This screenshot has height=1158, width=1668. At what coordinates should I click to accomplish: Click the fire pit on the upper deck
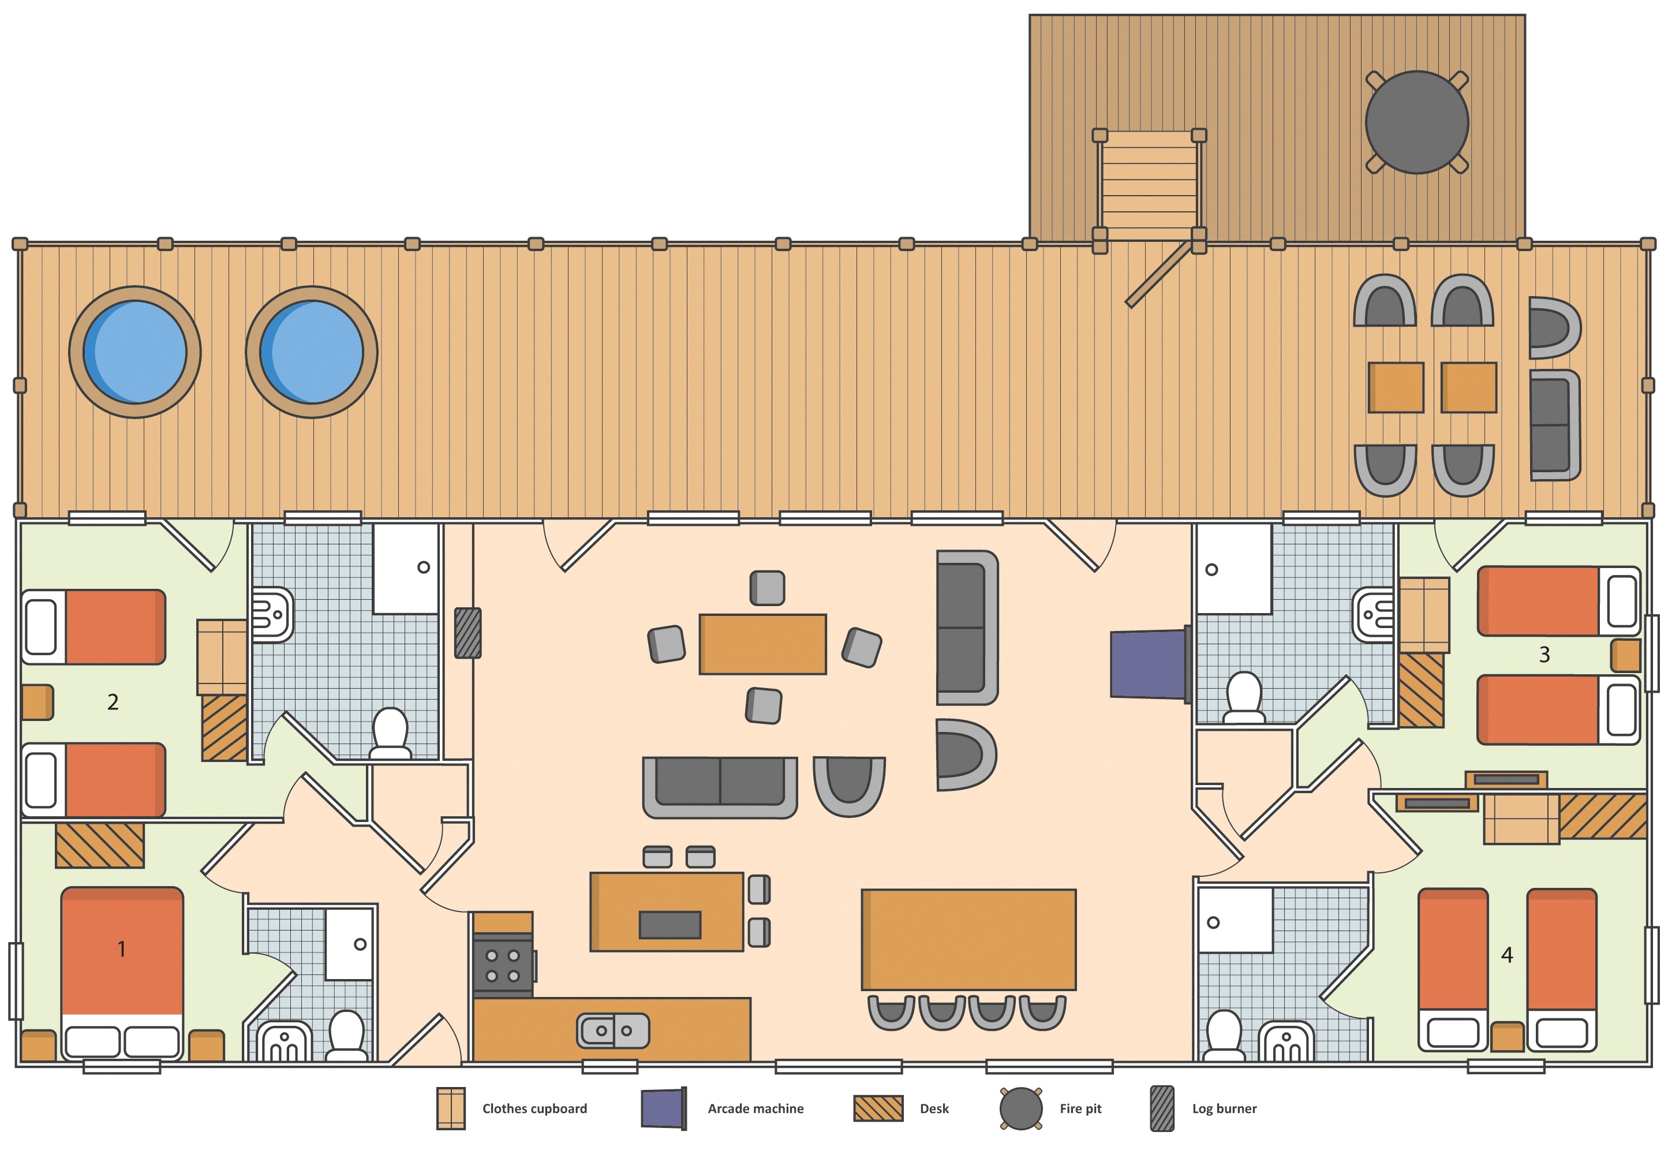(1416, 122)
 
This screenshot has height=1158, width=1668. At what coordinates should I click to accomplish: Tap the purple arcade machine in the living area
(1150, 664)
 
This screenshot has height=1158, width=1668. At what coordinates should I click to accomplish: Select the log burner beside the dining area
(468, 633)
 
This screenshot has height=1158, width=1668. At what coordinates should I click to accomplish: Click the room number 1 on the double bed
(122, 949)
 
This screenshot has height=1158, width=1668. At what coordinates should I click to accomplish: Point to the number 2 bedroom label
(113, 701)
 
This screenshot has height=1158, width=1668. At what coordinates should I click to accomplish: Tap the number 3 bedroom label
(1544, 655)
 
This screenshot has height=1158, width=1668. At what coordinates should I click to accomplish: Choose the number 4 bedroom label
(1507, 955)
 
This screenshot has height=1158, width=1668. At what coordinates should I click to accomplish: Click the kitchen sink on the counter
(613, 1030)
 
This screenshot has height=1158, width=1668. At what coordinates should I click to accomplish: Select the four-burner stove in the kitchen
(503, 966)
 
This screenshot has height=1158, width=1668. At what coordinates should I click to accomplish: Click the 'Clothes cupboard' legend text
(534, 1109)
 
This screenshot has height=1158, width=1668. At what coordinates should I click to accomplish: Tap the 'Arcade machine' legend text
(756, 1109)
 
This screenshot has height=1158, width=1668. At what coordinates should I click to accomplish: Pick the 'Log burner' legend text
(1224, 1109)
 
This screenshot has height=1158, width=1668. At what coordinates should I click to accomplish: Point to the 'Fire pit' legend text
(1080, 1109)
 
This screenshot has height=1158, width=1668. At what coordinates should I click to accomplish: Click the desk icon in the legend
(878, 1108)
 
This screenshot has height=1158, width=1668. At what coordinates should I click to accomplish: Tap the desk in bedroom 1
(100, 845)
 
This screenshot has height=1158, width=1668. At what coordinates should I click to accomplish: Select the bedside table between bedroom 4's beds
(1507, 1036)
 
